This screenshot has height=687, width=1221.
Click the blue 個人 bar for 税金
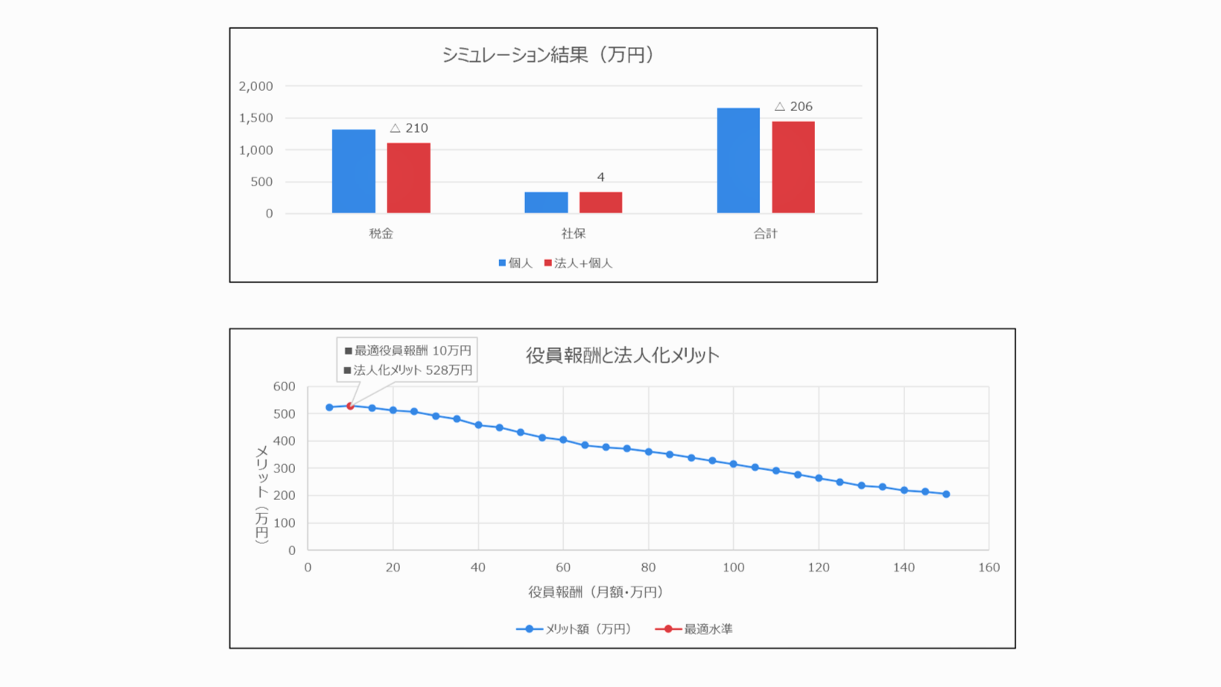[x=353, y=171]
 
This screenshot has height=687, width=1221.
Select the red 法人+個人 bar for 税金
[x=408, y=178]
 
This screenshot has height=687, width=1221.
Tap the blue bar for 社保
[x=546, y=203]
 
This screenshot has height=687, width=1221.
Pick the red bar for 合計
[x=793, y=167]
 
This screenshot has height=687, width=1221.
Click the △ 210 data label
[x=409, y=128]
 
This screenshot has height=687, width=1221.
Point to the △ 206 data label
[x=793, y=107]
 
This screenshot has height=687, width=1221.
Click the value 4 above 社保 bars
[x=600, y=177]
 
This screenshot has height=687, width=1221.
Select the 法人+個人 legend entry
[x=578, y=263]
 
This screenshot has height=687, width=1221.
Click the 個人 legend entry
[x=516, y=263]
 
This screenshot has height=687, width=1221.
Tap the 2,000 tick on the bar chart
[x=256, y=86]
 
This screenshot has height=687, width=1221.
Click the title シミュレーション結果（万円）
[x=548, y=55]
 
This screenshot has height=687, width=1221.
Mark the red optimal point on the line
[x=350, y=406]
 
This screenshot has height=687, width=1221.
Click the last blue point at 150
[x=946, y=494]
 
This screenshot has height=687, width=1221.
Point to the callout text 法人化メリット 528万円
[x=407, y=370]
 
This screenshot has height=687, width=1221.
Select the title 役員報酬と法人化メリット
[x=622, y=355]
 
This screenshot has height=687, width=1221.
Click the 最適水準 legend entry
[x=694, y=629]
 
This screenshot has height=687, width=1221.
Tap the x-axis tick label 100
[x=733, y=568]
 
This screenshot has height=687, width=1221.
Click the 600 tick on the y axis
[x=284, y=387]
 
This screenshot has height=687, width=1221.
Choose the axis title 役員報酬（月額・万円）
[x=595, y=592]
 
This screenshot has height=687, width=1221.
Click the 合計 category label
[x=765, y=234]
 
